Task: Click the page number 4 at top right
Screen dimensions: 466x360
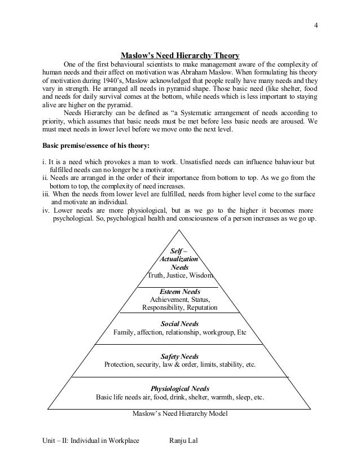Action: point(316,24)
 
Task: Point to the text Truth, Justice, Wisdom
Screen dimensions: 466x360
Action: point(180,275)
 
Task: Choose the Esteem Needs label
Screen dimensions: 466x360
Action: point(180,292)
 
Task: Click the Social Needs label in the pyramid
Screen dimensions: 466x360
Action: point(180,324)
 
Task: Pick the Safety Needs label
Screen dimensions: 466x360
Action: point(180,357)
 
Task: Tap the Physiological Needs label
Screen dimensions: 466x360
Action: point(180,389)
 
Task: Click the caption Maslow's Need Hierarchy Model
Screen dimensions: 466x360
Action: point(180,414)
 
